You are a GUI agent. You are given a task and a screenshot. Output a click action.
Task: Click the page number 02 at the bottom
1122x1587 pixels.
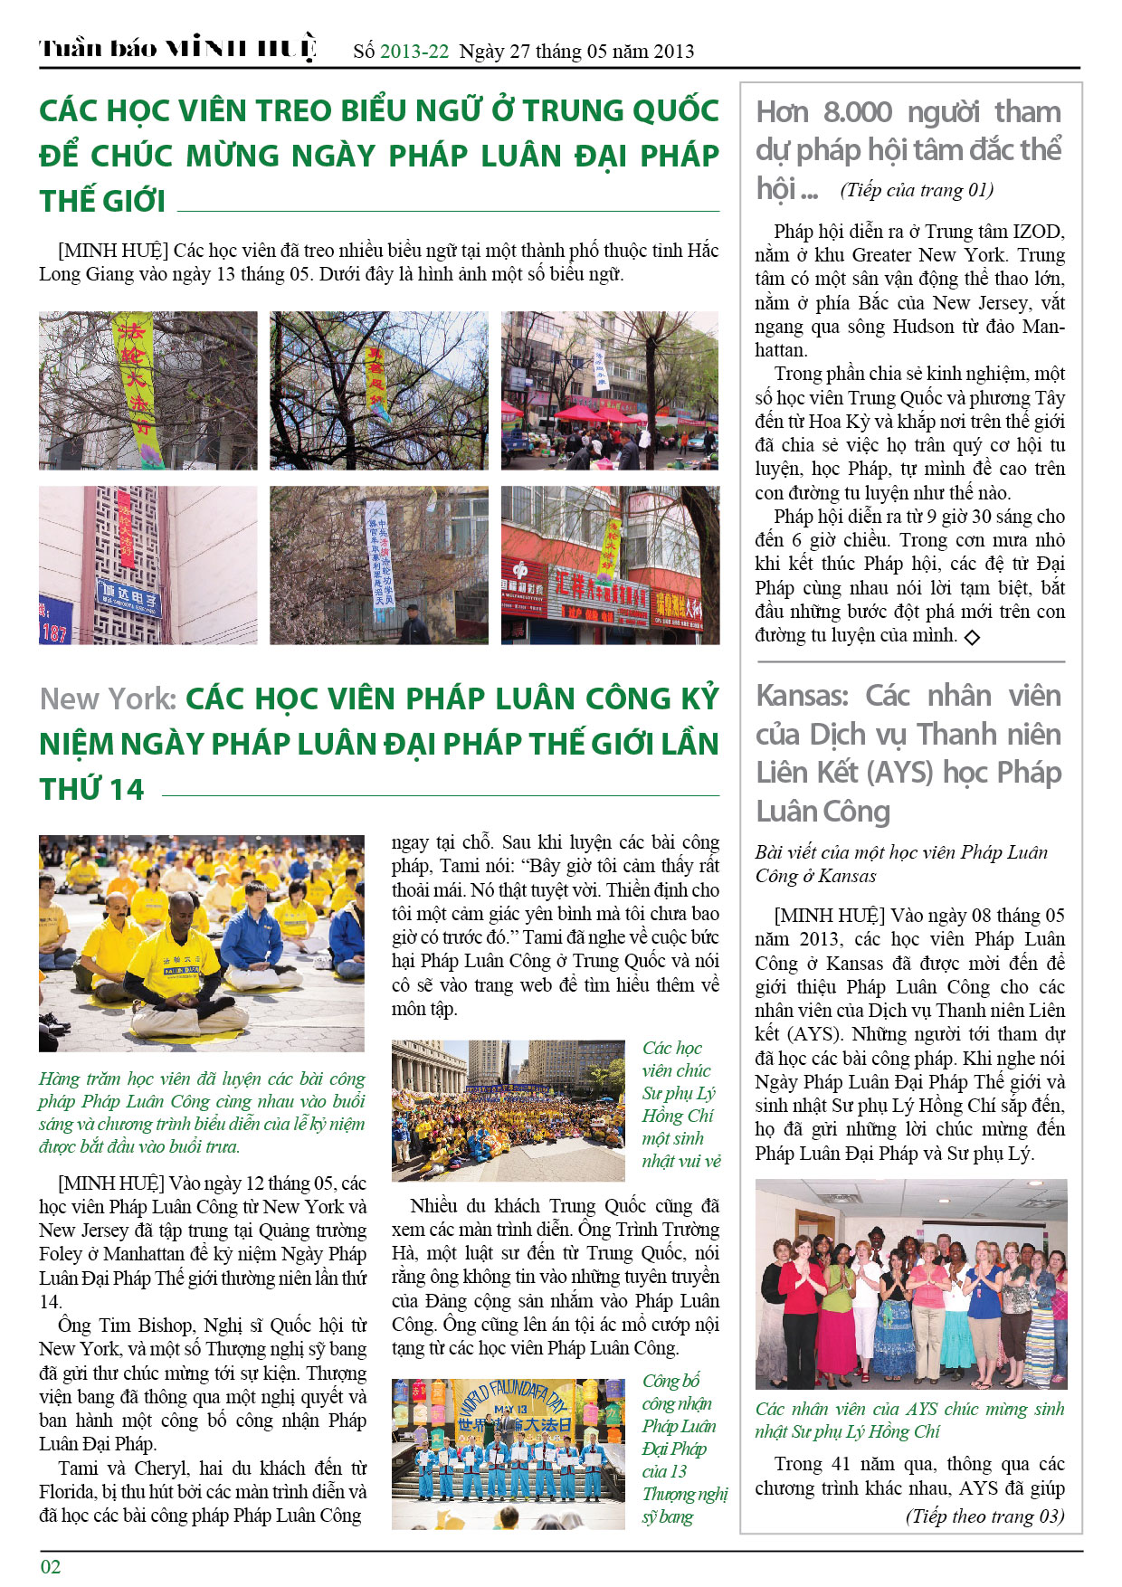click(51, 1566)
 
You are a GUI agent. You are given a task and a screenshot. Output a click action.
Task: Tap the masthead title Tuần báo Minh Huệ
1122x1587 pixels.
click(177, 49)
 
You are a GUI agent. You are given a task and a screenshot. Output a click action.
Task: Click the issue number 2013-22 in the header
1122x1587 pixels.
click(414, 52)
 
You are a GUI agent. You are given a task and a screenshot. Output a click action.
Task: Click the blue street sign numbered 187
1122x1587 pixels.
click(55, 623)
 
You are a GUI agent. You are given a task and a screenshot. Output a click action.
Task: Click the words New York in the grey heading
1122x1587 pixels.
click(108, 698)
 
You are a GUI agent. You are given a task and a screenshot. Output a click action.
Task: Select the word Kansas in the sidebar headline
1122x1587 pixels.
click(802, 696)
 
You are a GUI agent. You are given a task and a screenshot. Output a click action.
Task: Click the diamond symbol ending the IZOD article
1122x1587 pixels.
click(972, 637)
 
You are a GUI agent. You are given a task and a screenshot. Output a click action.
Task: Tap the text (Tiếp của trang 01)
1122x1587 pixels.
click(917, 190)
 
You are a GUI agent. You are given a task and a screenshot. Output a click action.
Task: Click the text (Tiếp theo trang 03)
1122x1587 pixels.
click(984, 1516)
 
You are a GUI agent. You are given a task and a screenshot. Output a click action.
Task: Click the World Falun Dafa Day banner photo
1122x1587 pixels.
click(509, 1454)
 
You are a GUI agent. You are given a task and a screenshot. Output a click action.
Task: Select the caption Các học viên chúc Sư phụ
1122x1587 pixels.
click(680, 1104)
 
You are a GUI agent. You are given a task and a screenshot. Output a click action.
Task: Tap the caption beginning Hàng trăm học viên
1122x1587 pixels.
click(202, 1112)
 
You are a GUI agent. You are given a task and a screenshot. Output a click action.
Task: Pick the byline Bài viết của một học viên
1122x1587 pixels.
click(901, 863)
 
